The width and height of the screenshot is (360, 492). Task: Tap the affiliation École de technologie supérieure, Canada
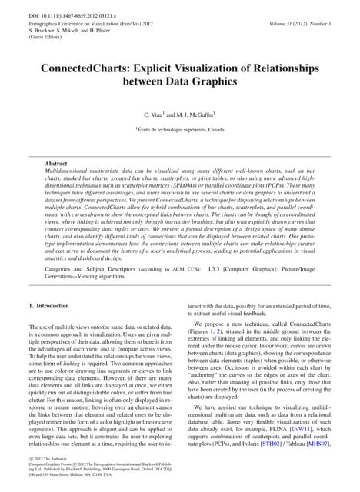(180, 130)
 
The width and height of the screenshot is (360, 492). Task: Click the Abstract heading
(56, 164)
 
